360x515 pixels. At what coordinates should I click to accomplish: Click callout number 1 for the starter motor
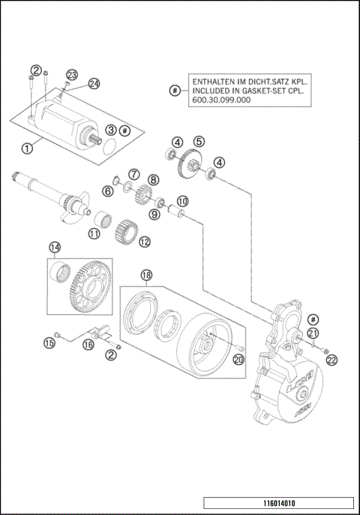(x=28, y=148)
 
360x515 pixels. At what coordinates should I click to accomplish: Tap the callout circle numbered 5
(x=199, y=141)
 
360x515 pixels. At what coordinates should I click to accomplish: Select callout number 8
(x=153, y=180)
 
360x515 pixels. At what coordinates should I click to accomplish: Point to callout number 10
(x=182, y=201)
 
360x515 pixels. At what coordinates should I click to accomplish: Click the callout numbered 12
(x=144, y=241)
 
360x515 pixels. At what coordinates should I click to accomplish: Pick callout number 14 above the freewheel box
(x=55, y=247)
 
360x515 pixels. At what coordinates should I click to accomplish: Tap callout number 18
(x=147, y=276)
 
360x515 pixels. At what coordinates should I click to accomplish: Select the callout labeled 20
(x=239, y=359)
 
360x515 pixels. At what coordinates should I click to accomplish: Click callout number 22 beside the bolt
(x=332, y=360)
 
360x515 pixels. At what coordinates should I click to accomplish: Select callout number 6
(x=108, y=191)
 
